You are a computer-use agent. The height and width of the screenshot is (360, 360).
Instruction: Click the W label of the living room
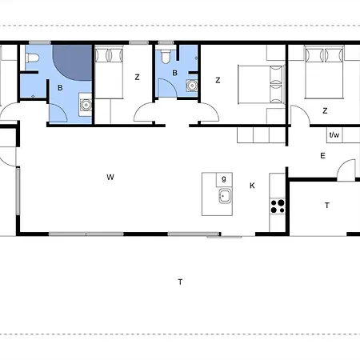(110, 177)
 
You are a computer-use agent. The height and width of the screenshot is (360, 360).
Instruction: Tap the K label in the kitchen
(252, 186)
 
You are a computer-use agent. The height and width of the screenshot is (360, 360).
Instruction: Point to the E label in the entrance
(322, 156)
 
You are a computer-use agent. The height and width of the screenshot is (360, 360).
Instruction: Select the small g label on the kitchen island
(224, 178)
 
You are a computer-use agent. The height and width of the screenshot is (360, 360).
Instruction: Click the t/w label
(334, 135)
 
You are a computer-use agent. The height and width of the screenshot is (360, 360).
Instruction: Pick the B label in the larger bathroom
(60, 88)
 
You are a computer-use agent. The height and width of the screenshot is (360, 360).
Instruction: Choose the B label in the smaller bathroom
(175, 73)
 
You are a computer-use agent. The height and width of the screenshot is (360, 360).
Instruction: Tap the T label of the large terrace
(180, 282)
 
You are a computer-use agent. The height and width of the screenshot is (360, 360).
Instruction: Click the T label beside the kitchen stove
(327, 206)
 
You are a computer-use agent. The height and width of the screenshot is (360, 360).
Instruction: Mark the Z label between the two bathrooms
(137, 78)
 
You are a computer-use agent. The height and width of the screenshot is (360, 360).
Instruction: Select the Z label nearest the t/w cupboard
(325, 110)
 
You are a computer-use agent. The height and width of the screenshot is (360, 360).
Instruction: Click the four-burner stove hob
(278, 206)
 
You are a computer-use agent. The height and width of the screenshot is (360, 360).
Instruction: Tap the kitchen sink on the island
(225, 196)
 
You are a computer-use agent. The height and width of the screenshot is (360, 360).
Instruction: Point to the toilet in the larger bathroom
(32, 58)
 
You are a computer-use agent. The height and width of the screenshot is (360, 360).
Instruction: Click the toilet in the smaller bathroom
(166, 57)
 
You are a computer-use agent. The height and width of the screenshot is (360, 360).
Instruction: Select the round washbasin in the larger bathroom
(86, 105)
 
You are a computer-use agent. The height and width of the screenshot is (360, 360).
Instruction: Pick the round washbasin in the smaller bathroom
(192, 86)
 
